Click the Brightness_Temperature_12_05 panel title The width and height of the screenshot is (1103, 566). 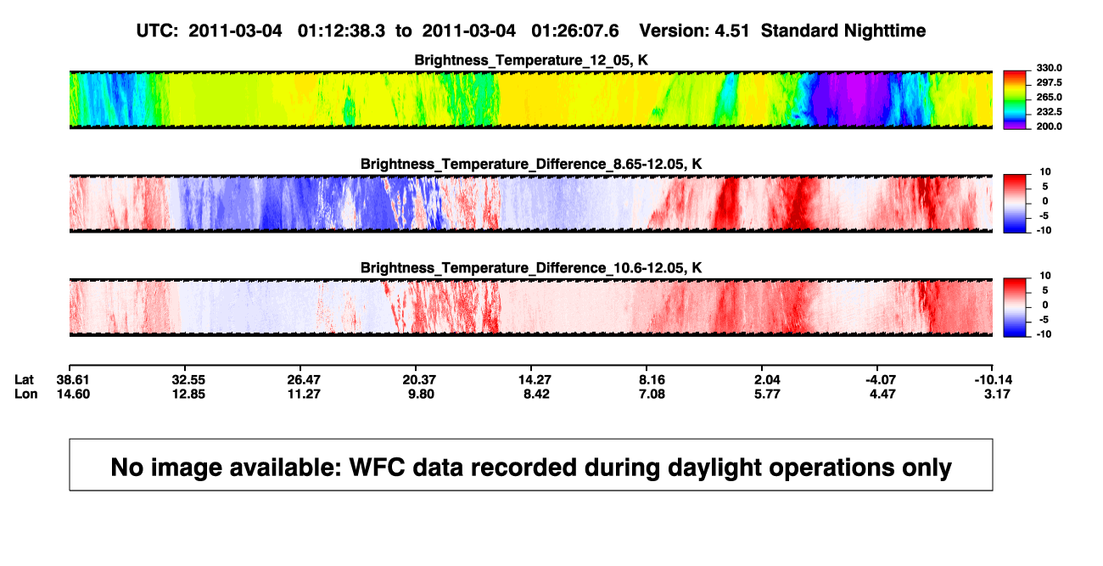click(x=531, y=60)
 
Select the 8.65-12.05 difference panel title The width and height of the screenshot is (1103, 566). click(x=531, y=164)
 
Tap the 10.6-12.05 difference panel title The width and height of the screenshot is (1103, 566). click(x=531, y=268)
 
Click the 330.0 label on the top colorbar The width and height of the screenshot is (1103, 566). click(x=1049, y=68)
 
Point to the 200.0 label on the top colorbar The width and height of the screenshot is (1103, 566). click(x=1049, y=126)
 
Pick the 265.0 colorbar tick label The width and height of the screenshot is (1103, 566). click(x=1049, y=97)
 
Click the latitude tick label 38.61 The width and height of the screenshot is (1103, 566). click(x=73, y=380)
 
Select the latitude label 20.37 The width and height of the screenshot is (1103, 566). click(x=419, y=380)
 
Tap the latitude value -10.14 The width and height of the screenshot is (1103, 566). click(x=994, y=380)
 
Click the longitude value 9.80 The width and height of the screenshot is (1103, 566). click(x=421, y=394)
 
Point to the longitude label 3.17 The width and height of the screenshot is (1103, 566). click(x=997, y=394)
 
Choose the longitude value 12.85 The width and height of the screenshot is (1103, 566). click(x=188, y=394)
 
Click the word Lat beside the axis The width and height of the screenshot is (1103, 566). click(x=24, y=380)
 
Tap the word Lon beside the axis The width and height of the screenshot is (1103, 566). click(x=26, y=394)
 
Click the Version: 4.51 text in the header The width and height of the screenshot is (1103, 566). click(x=694, y=31)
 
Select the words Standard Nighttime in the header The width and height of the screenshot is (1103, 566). click(x=843, y=31)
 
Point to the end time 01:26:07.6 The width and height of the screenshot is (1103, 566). click(x=574, y=31)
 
